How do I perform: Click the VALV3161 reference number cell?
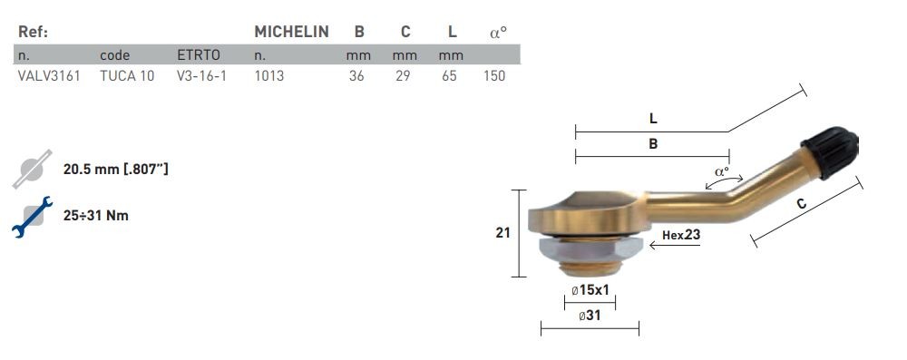tap(49, 76)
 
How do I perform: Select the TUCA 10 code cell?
tap(127, 76)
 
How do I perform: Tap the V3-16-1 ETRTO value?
tap(201, 76)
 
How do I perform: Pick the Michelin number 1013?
tap(269, 76)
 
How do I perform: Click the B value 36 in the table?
tap(356, 76)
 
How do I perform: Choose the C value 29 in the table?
tap(404, 76)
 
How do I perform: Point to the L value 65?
tap(450, 76)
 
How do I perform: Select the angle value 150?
tap(494, 76)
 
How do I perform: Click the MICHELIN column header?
tap(291, 32)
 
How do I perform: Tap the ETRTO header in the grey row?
tap(199, 55)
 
